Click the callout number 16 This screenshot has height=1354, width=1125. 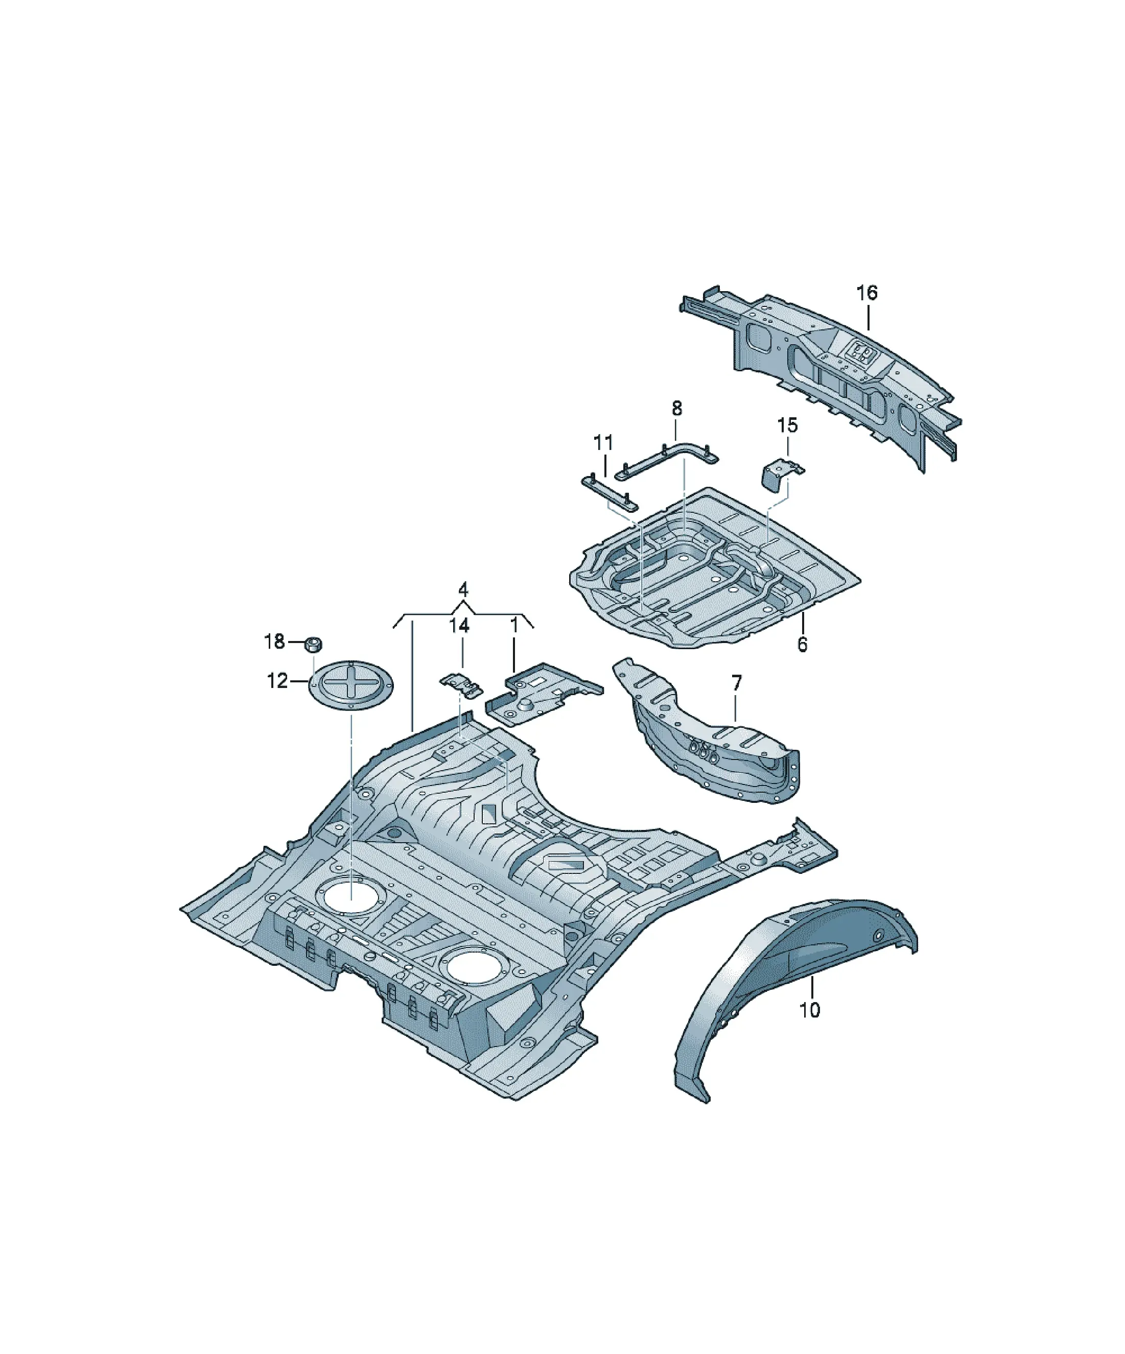coord(867,293)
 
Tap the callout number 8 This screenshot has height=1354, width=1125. coord(676,408)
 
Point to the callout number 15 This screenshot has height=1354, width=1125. coord(787,425)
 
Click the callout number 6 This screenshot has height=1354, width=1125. coord(802,644)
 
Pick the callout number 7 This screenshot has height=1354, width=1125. coord(737,683)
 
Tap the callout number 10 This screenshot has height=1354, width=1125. coord(810,1010)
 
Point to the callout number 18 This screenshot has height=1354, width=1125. coord(274,642)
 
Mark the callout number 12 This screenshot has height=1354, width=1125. coord(277,681)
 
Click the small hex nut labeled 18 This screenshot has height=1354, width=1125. coord(313,644)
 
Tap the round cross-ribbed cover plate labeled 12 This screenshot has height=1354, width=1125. coord(351,687)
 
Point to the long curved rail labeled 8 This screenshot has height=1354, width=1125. coord(668,460)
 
